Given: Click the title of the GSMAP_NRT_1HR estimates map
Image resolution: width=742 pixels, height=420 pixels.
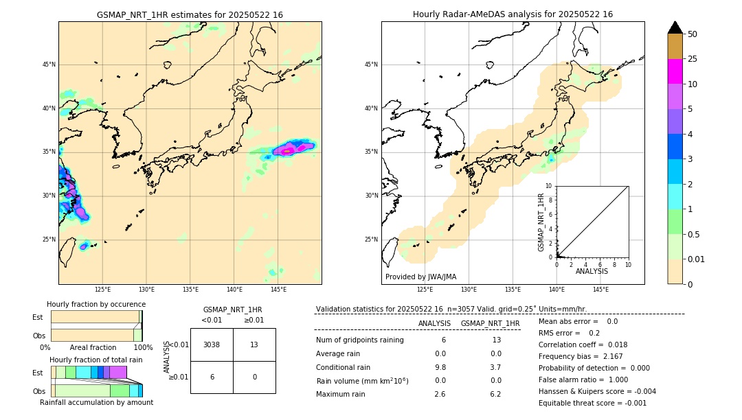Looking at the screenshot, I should tap(190, 14).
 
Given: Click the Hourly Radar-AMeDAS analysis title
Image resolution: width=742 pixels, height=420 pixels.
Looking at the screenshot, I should tap(513, 14).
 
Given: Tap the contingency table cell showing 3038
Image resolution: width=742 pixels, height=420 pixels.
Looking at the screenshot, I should tap(212, 345).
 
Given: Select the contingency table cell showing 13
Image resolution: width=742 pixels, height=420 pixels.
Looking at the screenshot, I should tap(254, 345).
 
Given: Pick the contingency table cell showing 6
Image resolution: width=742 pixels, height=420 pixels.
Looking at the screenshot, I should tap(212, 377).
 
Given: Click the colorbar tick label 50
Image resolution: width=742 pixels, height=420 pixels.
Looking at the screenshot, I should tap(693, 34).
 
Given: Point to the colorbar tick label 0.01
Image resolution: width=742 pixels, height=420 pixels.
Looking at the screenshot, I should tap(697, 259).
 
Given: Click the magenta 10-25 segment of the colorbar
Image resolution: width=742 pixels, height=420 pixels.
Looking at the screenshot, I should tap(675, 71).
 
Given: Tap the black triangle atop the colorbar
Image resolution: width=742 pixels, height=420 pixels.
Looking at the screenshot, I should tap(675, 27).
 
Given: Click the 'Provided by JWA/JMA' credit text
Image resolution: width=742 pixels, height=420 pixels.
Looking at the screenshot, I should tap(420, 277).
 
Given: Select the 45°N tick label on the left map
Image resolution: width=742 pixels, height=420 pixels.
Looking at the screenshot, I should tap(48, 65).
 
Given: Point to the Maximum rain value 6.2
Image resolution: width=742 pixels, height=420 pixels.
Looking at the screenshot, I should tap(495, 395).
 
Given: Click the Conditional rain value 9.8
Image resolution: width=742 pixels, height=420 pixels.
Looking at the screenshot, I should tap(440, 366).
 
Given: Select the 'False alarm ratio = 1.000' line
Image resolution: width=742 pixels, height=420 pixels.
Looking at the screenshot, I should tap(583, 380).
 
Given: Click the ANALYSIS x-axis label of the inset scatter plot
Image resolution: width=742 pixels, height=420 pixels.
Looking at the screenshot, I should tap(592, 272).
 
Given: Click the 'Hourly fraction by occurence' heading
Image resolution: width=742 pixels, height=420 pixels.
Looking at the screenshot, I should tap(96, 304).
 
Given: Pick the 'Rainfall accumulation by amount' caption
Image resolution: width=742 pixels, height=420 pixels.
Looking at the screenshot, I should tap(96, 402).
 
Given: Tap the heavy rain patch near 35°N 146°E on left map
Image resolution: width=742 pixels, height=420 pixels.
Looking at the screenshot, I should tap(292, 148).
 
